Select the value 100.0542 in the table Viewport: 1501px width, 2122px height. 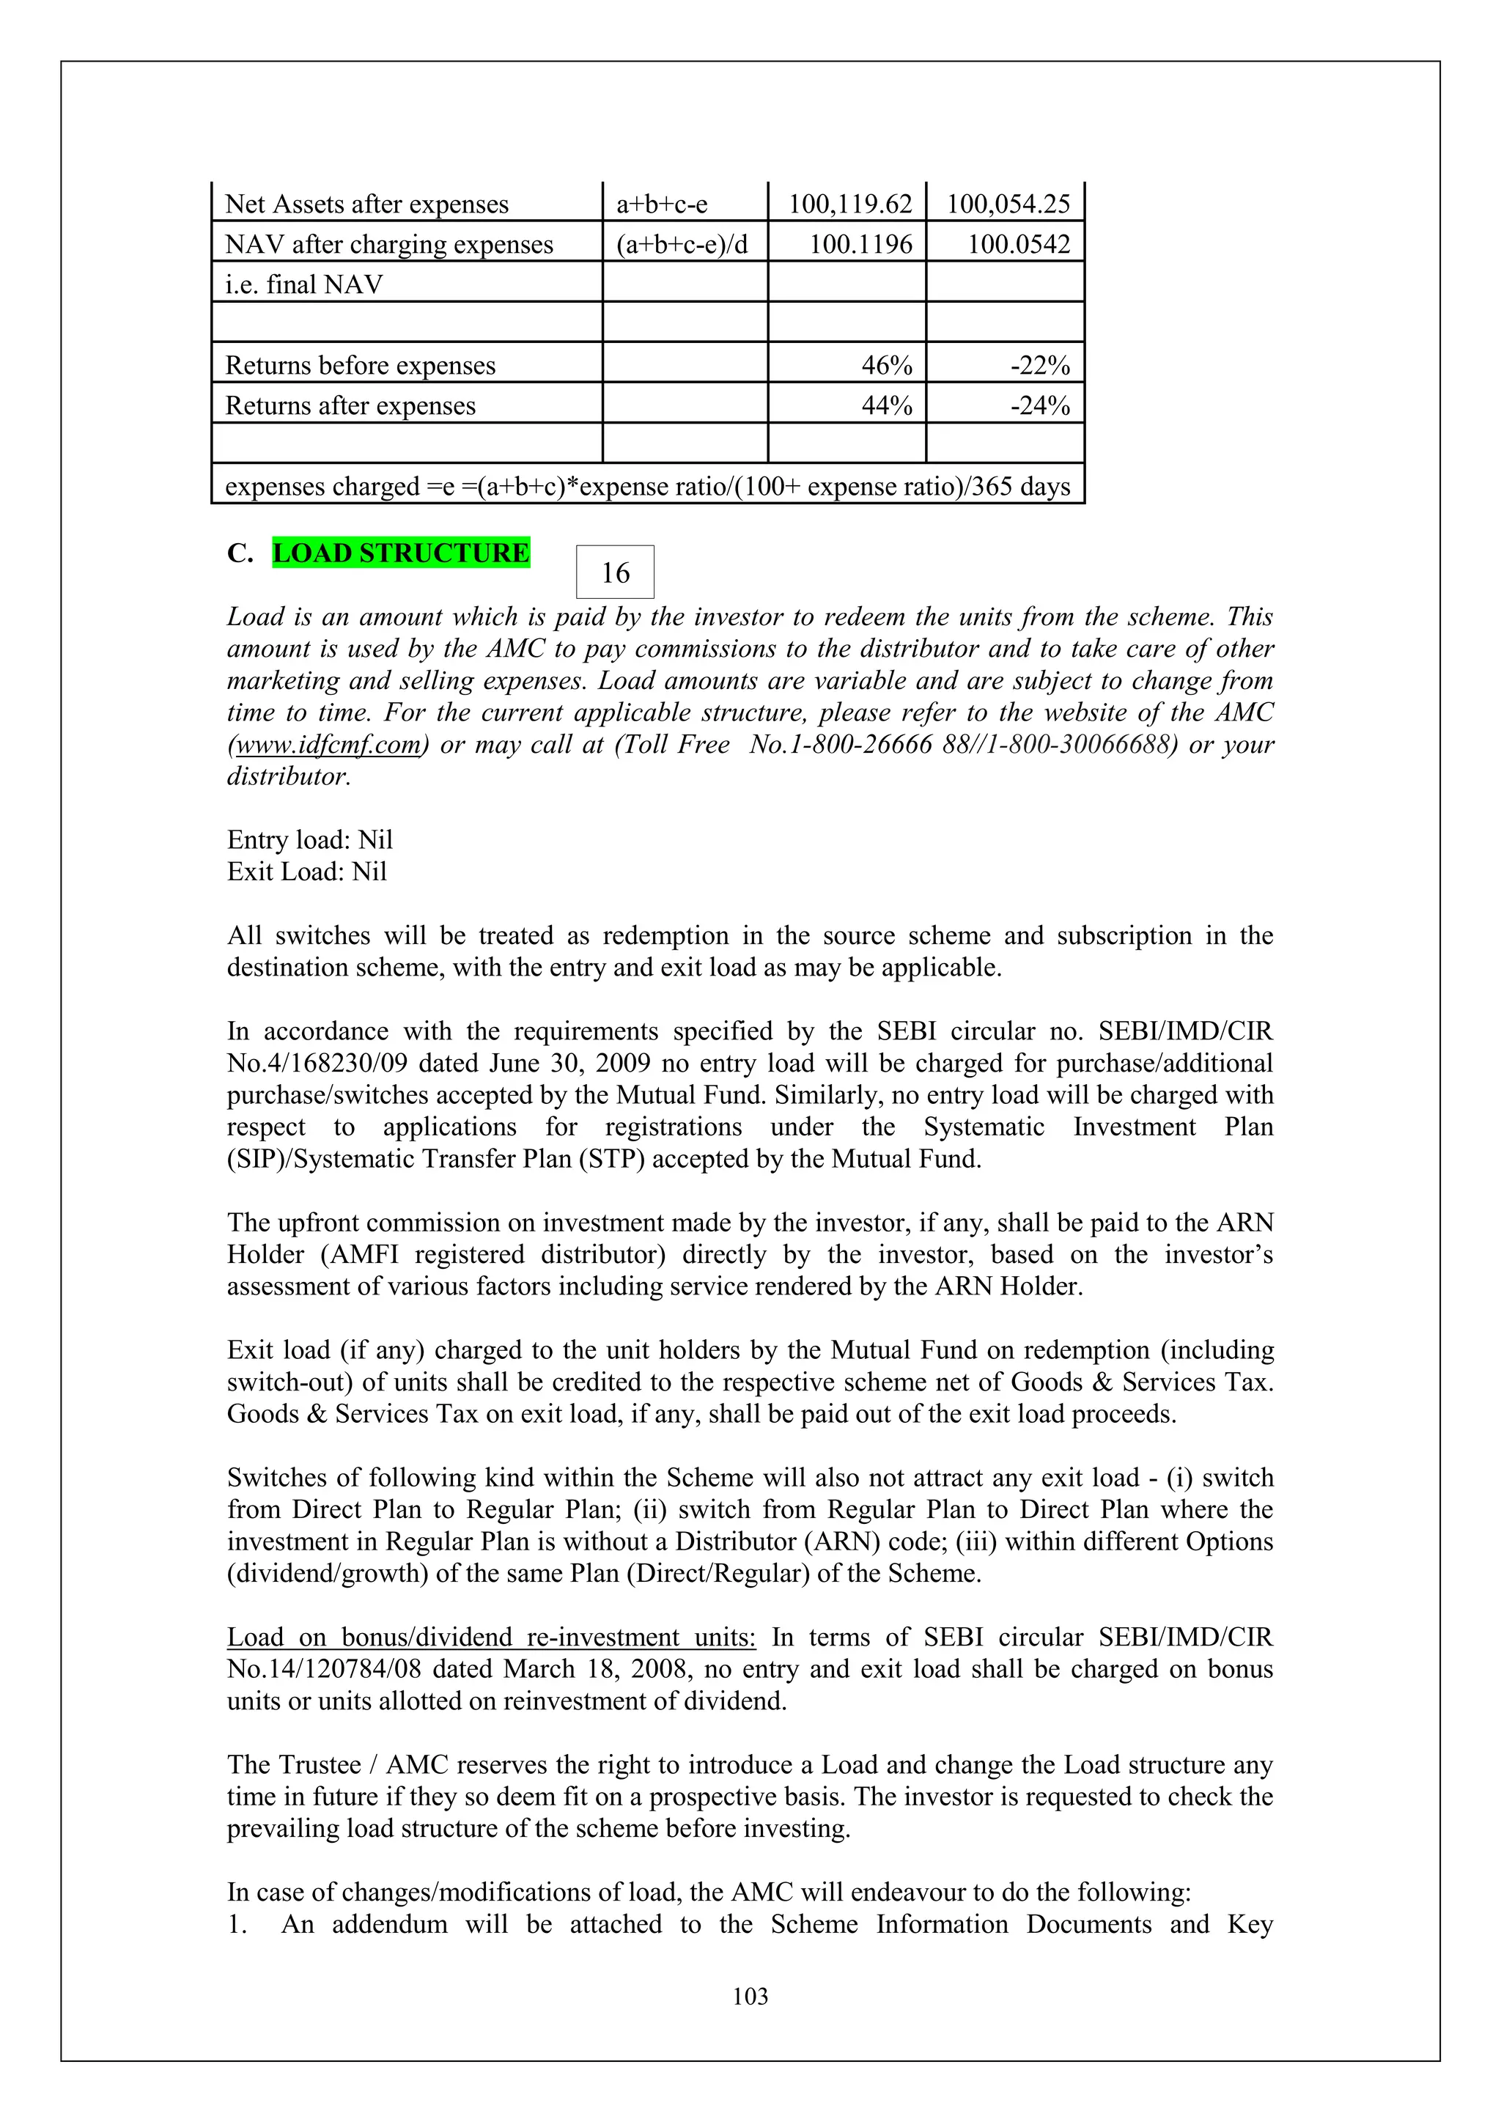point(1017,245)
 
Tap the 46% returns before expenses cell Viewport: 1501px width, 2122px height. point(886,366)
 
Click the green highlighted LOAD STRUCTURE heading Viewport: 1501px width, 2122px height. point(401,553)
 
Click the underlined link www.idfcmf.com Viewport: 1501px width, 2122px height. point(328,745)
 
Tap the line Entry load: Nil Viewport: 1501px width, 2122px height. point(309,840)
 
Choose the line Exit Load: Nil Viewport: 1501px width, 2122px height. point(307,872)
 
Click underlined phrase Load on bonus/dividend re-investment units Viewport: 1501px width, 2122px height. point(491,1637)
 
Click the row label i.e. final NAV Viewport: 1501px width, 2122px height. point(304,284)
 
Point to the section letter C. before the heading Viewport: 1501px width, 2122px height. point(240,553)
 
